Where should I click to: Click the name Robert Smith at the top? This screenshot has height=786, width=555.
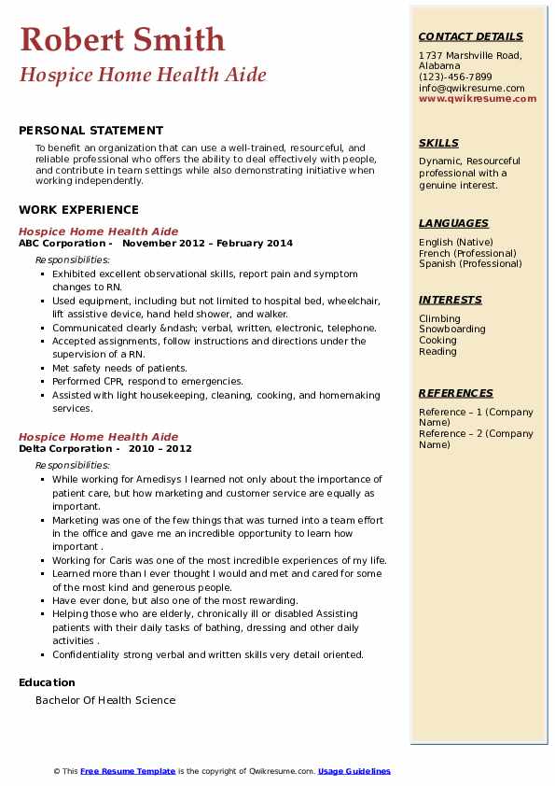click(x=122, y=39)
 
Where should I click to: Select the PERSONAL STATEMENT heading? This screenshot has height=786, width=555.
click(x=90, y=131)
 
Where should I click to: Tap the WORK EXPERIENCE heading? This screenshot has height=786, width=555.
click(x=78, y=210)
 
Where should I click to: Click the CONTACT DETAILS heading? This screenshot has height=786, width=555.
click(x=470, y=37)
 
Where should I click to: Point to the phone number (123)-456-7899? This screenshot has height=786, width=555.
click(x=455, y=77)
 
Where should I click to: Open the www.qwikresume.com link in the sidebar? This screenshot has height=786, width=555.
click(x=478, y=99)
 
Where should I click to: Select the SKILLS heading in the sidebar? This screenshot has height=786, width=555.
click(x=438, y=144)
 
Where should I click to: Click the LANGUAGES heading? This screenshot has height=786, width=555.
click(x=453, y=224)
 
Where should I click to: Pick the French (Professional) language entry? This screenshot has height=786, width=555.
click(x=469, y=253)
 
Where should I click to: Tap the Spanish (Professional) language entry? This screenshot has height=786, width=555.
click(x=471, y=264)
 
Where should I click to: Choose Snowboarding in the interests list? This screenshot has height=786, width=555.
click(x=451, y=330)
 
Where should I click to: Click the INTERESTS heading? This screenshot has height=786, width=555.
click(x=450, y=301)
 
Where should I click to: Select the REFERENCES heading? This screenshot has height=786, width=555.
click(x=455, y=394)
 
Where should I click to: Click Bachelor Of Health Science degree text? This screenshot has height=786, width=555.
click(x=105, y=700)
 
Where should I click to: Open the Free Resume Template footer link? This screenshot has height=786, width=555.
click(x=128, y=771)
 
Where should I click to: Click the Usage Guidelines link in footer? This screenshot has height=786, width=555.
click(x=354, y=771)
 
